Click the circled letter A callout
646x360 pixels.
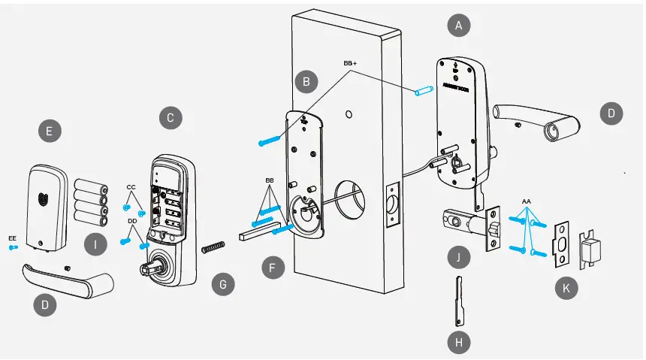pyautogui.click(x=457, y=26)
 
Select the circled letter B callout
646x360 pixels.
pyautogui.click(x=306, y=80)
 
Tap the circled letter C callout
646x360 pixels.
pyautogui.click(x=171, y=117)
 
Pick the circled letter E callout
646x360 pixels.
pyautogui.click(x=49, y=132)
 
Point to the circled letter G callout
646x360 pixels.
pyautogui.click(x=223, y=285)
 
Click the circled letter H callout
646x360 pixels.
pyautogui.click(x=458, y=342)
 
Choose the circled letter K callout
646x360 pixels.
pyautogui.click(x=566, y=287)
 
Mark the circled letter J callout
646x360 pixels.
pyautogui.click(x=457, y=257)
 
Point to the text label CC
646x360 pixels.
pyautogui.click(x=131, y=186)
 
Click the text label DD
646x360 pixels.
pyautogui.click(x=132, y=221)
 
